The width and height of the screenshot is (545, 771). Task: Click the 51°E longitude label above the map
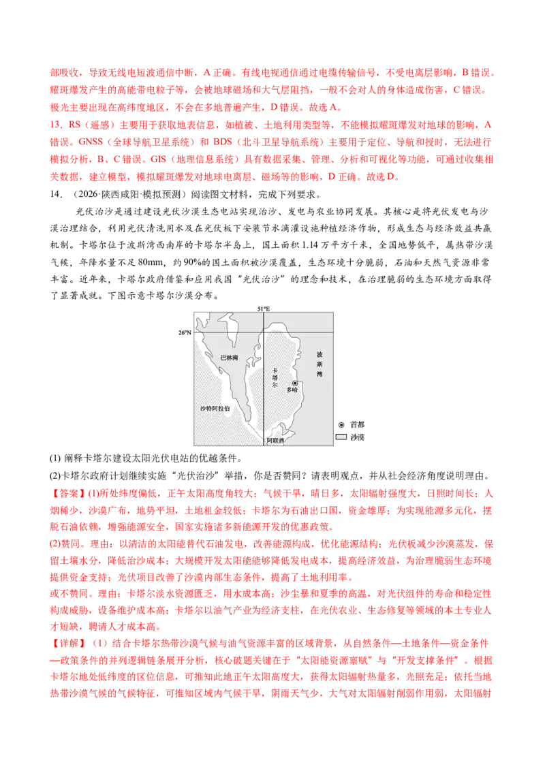pyautogui.click(x=264, y=309)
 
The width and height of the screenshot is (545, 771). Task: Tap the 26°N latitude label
pyautogui.click(x=185, y=333)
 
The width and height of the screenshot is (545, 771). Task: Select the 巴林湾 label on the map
pyautogui.click(x=229, y=358)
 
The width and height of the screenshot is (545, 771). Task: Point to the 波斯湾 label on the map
pyautogui.click(x=320, y=364)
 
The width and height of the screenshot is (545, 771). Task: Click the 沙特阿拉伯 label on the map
pyautogui.click(x=215, y=409)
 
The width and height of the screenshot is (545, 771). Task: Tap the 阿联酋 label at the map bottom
pyautogui.click(x=275, y=440)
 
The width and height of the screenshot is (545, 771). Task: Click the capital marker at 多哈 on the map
pyautogui.click(x=295, y=383)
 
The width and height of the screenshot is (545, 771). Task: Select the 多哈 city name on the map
pyautogui.click(x=292, y=390)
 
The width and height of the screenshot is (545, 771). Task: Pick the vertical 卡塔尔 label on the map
pyautogui.click(x=275, y=378)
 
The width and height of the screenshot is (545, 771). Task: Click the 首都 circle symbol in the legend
pyautogui.click(x=341, y=425)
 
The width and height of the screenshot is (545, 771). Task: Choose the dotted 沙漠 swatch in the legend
pyautogui.click(x=341, y=437)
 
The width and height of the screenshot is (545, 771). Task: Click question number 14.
pyautogui.click(x=56, y=194)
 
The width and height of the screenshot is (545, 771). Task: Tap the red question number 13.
pyautogui.click(x=56, y=125)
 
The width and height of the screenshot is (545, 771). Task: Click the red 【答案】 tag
pyautogui.click(x=68, y=493)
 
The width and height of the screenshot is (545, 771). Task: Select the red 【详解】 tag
pyautogui.click(x=68, y=644)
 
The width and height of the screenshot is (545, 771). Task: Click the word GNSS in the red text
pyautogui.click(x=91, y=142)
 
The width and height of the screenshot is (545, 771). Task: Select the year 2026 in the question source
pyautogui.click(x=88, y=194)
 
